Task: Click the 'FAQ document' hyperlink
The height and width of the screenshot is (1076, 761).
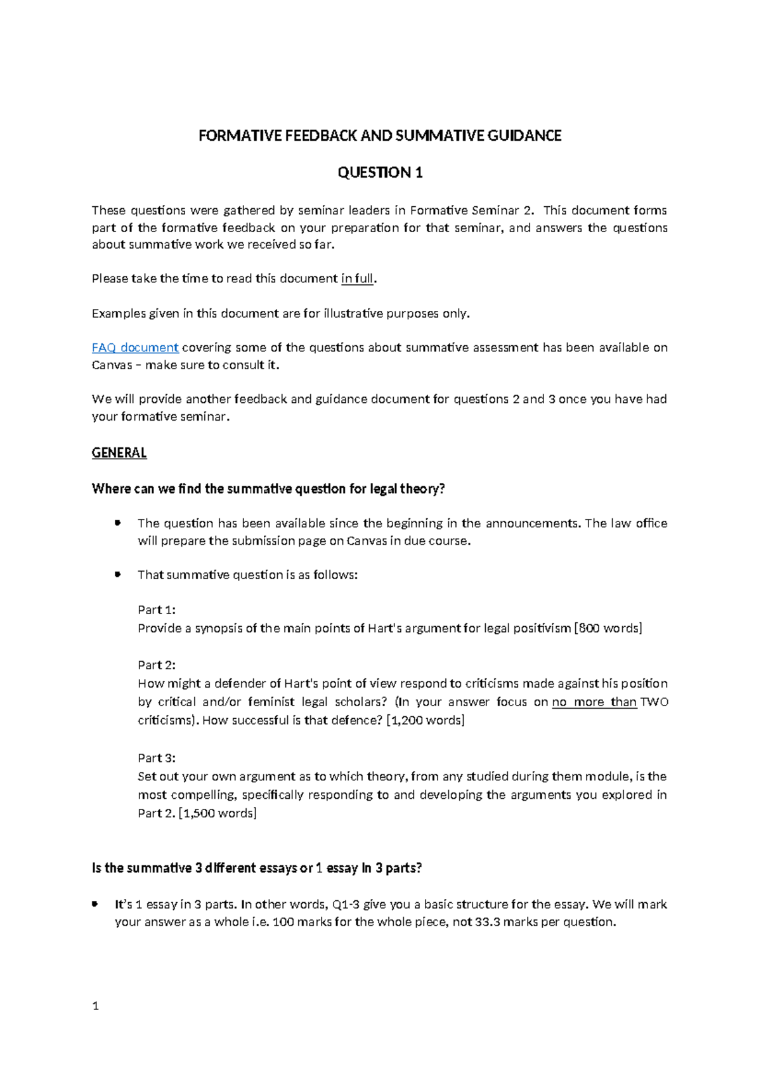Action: [x=135, y=348]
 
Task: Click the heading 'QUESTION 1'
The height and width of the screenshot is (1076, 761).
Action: [x=380, y=173]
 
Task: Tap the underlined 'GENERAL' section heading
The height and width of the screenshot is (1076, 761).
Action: [x=119, y=453]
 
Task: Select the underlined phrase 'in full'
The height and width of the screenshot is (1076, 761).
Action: [x=358, y=279]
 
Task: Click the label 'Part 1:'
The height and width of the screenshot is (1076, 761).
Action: [x=157, y=610]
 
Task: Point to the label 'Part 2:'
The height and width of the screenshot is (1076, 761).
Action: [x=157, y=665]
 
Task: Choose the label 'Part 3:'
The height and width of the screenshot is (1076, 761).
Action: [x=157, y=758]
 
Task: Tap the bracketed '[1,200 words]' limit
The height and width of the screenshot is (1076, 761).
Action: [x=426, y=720]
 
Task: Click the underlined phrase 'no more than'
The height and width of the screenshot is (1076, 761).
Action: [x=594, y=702]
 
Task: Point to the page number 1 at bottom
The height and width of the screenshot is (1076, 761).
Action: [x=96, y=1006]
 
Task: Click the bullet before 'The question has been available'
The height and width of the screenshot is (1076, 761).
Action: [x=117, y=523]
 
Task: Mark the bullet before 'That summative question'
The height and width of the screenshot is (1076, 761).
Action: [x=117, y=574]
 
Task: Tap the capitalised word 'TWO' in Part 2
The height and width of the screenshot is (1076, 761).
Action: [x=654, y=702]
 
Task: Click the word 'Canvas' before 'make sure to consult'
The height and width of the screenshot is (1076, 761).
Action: [x=112, y=365]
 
